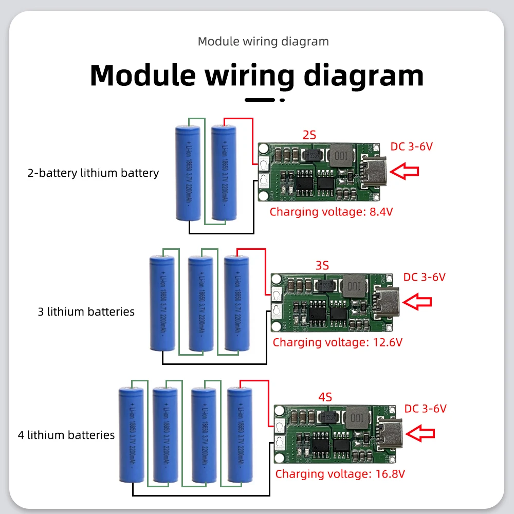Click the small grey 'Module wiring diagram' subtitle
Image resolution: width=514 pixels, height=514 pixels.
(263, 42)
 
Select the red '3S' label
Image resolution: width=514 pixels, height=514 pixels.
(322, 266)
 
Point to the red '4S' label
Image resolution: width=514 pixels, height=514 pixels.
(325, 397)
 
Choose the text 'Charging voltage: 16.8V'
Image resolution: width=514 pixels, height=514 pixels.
(340, 473)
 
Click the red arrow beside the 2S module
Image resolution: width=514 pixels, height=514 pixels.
(405, 171)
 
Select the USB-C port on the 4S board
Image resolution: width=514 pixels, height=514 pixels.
(389, 431)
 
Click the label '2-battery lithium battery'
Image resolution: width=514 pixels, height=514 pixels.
(93, 173)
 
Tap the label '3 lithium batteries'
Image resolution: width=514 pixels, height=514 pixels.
(86, 311)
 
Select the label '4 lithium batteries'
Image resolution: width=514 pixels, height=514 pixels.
(66, 435)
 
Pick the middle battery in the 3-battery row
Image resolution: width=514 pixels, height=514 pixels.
(200, 303)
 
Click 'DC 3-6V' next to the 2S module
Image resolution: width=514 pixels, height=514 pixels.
(412, 146)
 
